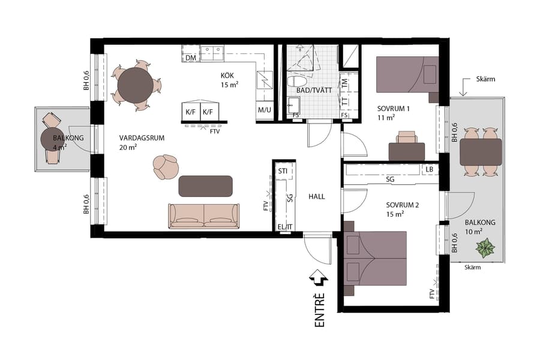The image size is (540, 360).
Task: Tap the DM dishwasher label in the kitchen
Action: tap(191, 58)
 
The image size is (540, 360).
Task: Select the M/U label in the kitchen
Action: tap(264, 110)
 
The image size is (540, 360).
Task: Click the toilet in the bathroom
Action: tap(298, 80)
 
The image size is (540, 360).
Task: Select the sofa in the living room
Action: tap(204, 216)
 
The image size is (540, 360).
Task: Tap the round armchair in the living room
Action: tap(166, 167)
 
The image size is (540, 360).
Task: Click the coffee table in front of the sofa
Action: tap(205, 186)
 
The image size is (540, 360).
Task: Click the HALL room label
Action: tap(317, 196)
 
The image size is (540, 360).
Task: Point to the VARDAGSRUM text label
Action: tap(142, 138)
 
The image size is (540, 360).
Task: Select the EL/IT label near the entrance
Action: tap(285, 226)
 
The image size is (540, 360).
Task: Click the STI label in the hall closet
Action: tap(283, 172)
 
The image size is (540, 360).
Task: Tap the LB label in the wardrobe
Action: tap(429, 169)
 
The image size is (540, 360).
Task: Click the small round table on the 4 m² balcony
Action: tap(52, 139)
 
